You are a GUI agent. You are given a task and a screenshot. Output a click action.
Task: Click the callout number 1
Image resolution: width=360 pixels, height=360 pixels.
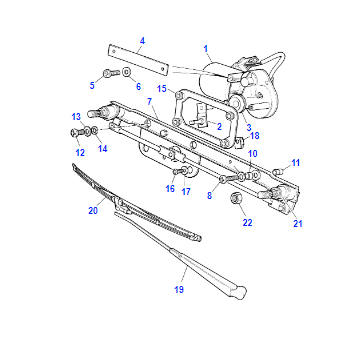pos(206,49)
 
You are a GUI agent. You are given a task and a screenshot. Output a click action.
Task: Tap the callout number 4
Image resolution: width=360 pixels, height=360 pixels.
pos(142,41)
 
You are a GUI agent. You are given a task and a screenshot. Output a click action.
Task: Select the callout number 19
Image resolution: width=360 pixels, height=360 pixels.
pos(179,289)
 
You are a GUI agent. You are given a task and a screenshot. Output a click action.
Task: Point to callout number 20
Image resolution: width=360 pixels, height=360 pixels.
pos(93,211)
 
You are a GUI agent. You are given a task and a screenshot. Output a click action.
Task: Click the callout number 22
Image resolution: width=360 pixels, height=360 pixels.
pos(247,222)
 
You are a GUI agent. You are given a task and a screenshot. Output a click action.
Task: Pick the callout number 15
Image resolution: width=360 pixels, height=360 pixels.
pos(162,89)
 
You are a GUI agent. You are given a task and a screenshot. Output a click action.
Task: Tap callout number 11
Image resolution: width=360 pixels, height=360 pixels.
pos(296,163)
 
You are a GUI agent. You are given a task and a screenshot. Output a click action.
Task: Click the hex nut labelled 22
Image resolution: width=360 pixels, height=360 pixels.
pos(235,198)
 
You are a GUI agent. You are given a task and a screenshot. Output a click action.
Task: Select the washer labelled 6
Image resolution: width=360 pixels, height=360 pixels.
pos(127,72)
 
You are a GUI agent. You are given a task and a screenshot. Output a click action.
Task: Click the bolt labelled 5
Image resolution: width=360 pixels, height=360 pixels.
pos(111,73)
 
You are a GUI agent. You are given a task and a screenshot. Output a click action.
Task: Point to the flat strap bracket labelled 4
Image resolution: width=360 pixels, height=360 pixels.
pos(138,61)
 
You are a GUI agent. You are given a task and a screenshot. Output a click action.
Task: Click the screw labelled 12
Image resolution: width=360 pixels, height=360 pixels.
pos(75,133)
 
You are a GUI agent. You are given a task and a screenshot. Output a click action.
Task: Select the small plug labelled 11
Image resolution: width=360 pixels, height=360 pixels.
pos(278,172)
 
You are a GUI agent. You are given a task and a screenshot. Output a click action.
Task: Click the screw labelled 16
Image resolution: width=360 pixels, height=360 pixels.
pos(178,171)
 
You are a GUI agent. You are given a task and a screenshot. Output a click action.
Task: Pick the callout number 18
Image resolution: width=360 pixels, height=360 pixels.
pos(255,136)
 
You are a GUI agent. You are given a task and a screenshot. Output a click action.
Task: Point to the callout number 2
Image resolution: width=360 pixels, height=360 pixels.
pos(219,126)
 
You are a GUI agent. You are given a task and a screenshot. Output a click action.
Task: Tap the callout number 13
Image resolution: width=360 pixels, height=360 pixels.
pos(76,117)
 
